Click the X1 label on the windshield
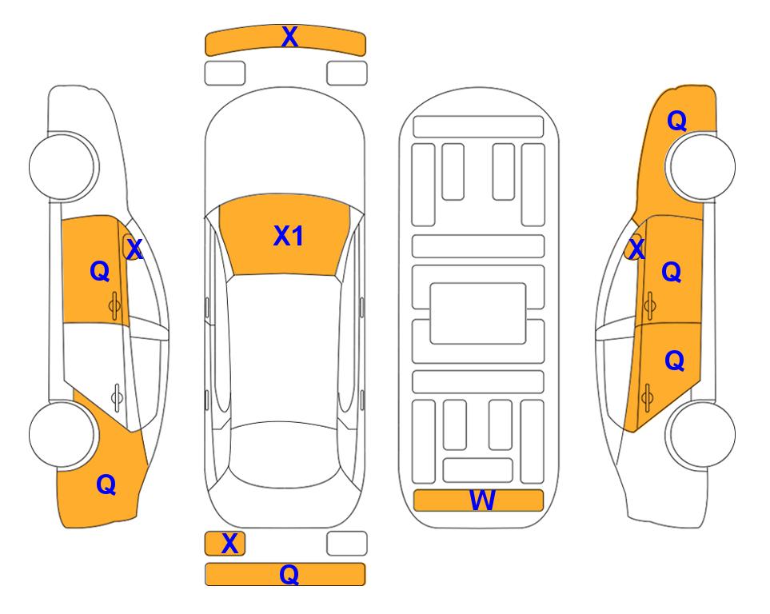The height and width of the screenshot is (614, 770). tap(289, 236)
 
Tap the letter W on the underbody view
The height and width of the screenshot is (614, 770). tap(482, 500)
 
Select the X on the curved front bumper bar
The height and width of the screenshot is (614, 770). tap(289, 37)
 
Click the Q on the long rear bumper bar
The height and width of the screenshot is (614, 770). tap(289, 574)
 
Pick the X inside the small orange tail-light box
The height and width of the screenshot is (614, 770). tap(229, 544)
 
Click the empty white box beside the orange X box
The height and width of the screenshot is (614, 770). tap(347, 544)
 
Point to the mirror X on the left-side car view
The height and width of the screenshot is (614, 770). tap(134, 249)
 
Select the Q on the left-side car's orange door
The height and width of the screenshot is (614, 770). tap(100, 271)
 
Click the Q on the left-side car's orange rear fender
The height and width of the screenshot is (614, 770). tap(106, 484)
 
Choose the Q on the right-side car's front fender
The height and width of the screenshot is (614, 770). tap(676, 121)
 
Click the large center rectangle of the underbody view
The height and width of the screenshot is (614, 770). tap(478, 313)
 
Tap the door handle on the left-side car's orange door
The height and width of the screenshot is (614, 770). tap(114, 305)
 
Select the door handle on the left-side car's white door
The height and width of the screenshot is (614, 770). tap(117, 397)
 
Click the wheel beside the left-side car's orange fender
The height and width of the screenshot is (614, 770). tap(62, 434)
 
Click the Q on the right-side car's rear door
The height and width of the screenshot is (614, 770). tap(674, 361)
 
